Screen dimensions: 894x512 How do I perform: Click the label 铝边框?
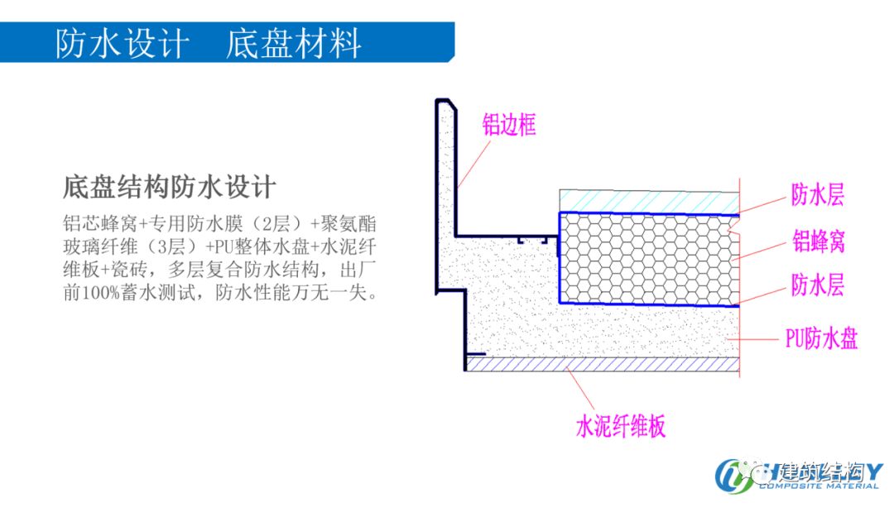point(509,125)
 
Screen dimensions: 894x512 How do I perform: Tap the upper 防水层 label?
point(817,195)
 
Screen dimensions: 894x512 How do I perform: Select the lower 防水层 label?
point(817,286)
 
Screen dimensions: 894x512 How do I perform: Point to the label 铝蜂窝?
point(819,242)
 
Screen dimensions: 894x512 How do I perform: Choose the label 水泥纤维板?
point(620,427)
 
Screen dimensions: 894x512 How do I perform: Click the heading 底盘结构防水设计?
point(169,186)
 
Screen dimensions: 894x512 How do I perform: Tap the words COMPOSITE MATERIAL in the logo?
point(818,486)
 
